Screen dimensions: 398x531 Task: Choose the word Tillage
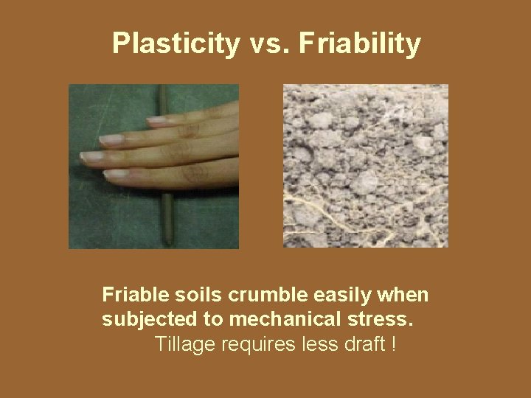click(x=181, y=343)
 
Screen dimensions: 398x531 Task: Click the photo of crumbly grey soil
click(x=365, y=165)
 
